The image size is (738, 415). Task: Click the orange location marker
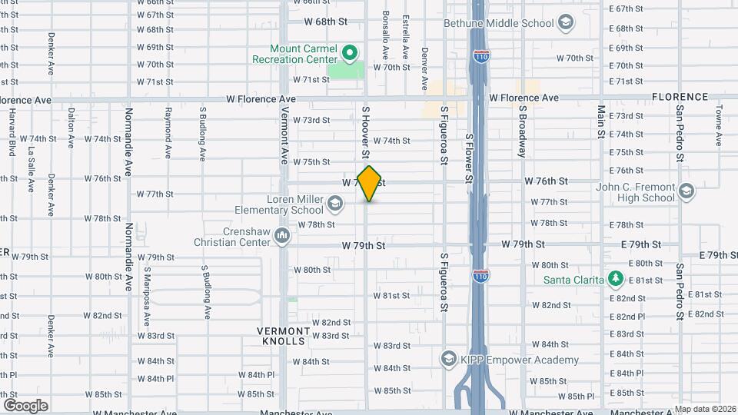(370, 183)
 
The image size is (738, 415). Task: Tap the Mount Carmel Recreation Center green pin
(350, 53)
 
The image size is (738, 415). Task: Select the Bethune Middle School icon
(566, 23)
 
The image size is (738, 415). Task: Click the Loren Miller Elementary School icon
(334, 204)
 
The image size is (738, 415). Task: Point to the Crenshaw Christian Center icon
(282, 234)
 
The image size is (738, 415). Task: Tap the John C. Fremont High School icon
(686, 191)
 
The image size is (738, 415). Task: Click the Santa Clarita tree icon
(615, 278)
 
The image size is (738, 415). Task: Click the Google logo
(25, 406)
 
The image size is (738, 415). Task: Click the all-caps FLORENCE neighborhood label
(680, 97)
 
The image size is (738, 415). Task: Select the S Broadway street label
(522, 131)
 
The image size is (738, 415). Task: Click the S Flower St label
(469, 157)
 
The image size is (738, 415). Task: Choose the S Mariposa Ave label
(147, 293)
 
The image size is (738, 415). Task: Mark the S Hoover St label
(367, 131)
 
